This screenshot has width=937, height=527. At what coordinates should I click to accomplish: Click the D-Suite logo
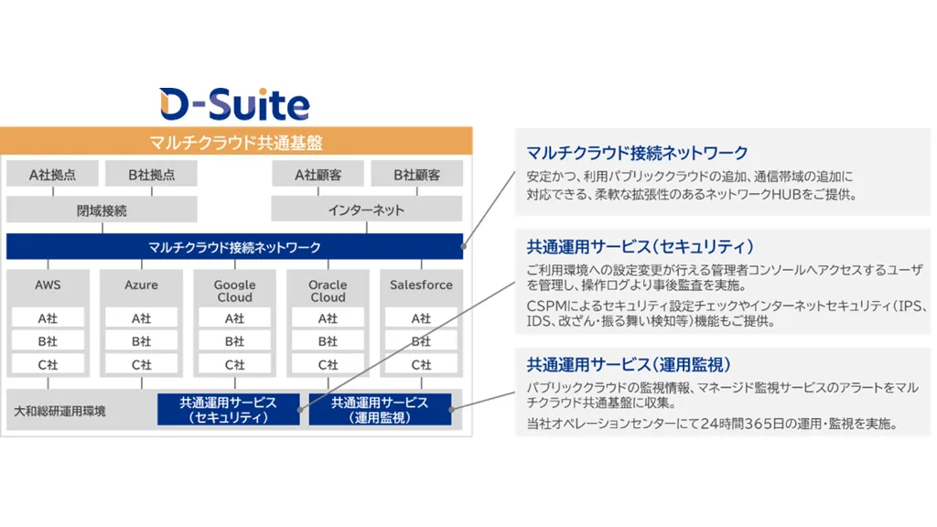pos(234,104)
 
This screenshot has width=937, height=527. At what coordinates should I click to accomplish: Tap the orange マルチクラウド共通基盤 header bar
pos(236,142)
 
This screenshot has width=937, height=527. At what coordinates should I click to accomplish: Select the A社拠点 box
pos(52,175)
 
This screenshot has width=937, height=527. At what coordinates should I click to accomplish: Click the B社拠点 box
pos(151,175)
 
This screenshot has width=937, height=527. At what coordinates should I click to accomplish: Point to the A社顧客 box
pos(318,175)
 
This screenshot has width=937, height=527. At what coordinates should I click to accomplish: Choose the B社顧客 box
pos(416,175)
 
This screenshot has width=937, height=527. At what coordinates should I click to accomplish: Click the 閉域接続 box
pos(102,210)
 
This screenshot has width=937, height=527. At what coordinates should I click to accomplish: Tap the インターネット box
pos(367,210)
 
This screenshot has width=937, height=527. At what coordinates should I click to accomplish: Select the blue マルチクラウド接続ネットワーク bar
pos(234,247)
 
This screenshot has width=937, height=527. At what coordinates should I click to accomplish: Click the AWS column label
pos(48,285)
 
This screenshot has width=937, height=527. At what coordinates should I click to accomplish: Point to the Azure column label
pos(142,285)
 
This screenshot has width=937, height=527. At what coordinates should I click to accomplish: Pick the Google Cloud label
pos(235,291)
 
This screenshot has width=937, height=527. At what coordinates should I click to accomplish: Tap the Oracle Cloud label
pos(328,291)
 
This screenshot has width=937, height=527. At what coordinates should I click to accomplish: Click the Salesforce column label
pos(421,285)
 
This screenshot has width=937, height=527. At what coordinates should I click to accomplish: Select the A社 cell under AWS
pos(48,318)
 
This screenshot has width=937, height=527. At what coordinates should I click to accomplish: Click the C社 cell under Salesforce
pos(421,364)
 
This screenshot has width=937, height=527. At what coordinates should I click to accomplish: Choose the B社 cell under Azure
pos(142,341)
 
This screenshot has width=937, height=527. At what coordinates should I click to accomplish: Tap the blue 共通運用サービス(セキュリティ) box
pos(229,409)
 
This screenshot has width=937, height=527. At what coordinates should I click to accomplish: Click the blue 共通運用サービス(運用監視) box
pos(380,409)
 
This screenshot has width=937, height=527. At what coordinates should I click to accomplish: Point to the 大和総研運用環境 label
pos(59,411)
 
